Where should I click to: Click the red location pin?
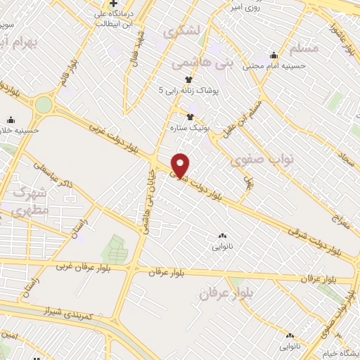(181, 165)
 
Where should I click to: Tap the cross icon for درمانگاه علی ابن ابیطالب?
(112, 4)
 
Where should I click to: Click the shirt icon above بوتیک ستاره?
(188, 117)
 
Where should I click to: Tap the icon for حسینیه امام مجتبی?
(274, 56)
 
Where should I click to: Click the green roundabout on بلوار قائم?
(44, 105)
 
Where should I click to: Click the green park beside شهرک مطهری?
(115, 249)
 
